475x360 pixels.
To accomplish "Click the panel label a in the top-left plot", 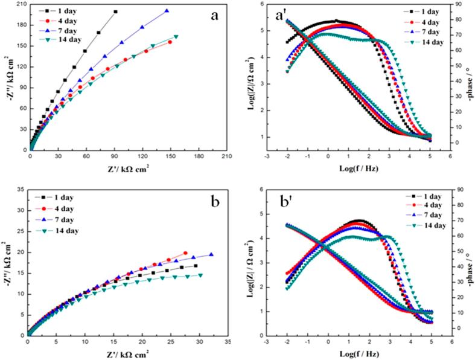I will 214,16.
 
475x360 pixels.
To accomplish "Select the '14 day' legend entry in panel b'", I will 433,225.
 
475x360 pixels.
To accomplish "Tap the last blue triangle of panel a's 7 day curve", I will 167,11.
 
